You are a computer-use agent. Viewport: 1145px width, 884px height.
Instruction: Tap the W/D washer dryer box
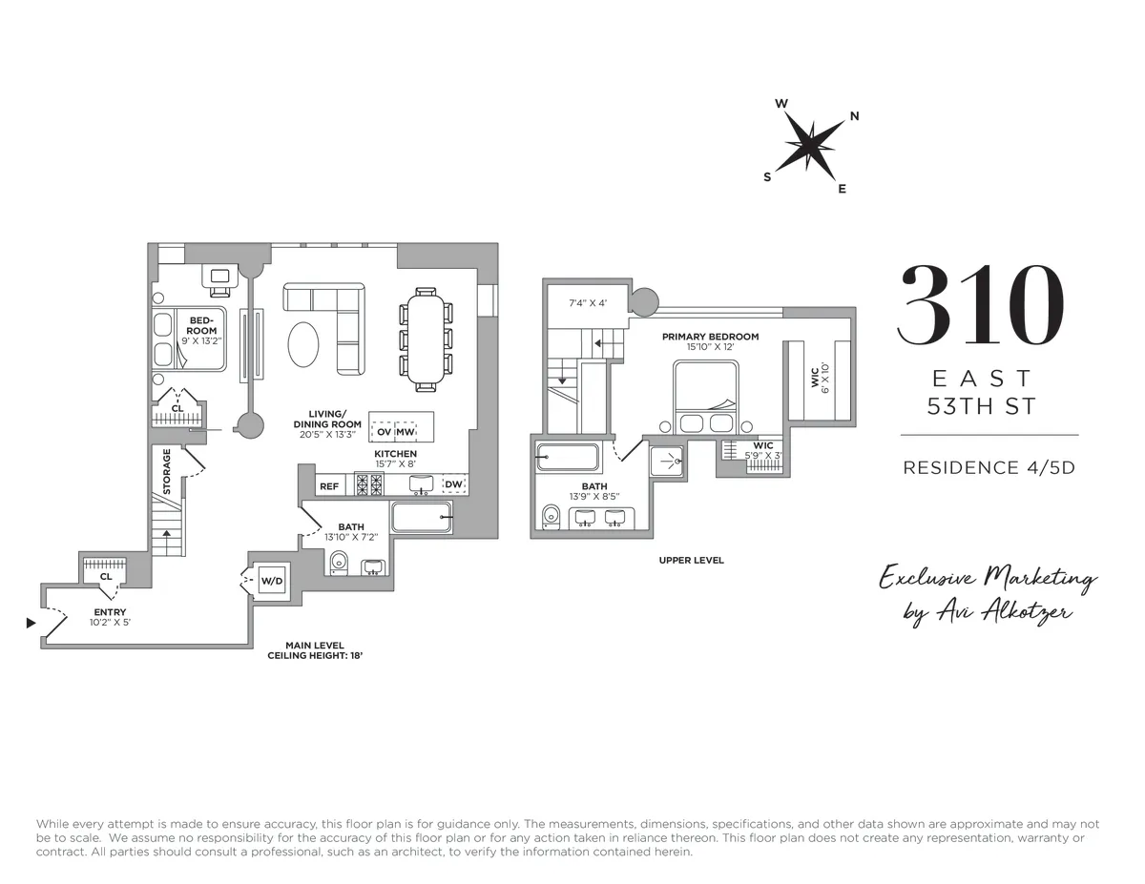(x=271, y=581)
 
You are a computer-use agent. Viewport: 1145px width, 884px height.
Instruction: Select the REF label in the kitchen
(x=329, y=486)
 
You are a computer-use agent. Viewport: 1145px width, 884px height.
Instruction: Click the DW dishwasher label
(x=454, y=485)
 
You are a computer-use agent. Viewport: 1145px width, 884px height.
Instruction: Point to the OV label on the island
(x=385, y=431)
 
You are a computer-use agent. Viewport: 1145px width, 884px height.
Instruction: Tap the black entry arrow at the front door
(x=31, y=623)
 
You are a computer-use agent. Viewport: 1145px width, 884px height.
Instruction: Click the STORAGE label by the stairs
(x=167, y=472)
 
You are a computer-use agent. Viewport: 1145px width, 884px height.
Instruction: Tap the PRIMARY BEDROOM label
(x=710, y=337)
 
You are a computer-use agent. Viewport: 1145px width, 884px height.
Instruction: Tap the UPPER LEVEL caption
(x=691, y=560)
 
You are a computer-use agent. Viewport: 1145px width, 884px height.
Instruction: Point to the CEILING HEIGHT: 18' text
(x=315, y=656)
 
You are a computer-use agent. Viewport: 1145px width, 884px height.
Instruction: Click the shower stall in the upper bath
(x=668, y=461)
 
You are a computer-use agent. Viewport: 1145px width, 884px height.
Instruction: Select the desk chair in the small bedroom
(x=220, y=278)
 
